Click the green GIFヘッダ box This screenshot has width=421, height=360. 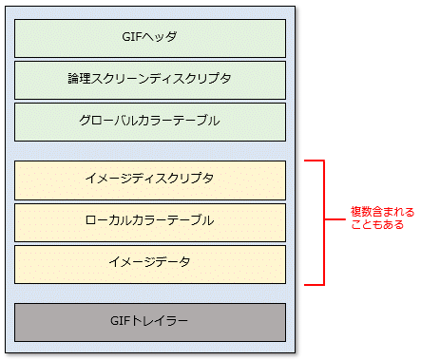pos(149,38)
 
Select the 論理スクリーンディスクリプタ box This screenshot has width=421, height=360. pos(149,80)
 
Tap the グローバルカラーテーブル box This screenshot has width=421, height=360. pos(149,122)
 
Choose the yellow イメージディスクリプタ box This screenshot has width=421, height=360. pos(149,180)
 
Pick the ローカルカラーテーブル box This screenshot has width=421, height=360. pos(149,221)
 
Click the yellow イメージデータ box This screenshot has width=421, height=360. pos(149,263)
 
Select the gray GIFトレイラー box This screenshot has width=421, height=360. pos(149,322)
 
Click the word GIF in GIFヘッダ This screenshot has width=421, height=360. pos(133,38)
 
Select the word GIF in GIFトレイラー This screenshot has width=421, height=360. pos(121,322)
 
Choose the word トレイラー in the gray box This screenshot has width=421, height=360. pos(162,322)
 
